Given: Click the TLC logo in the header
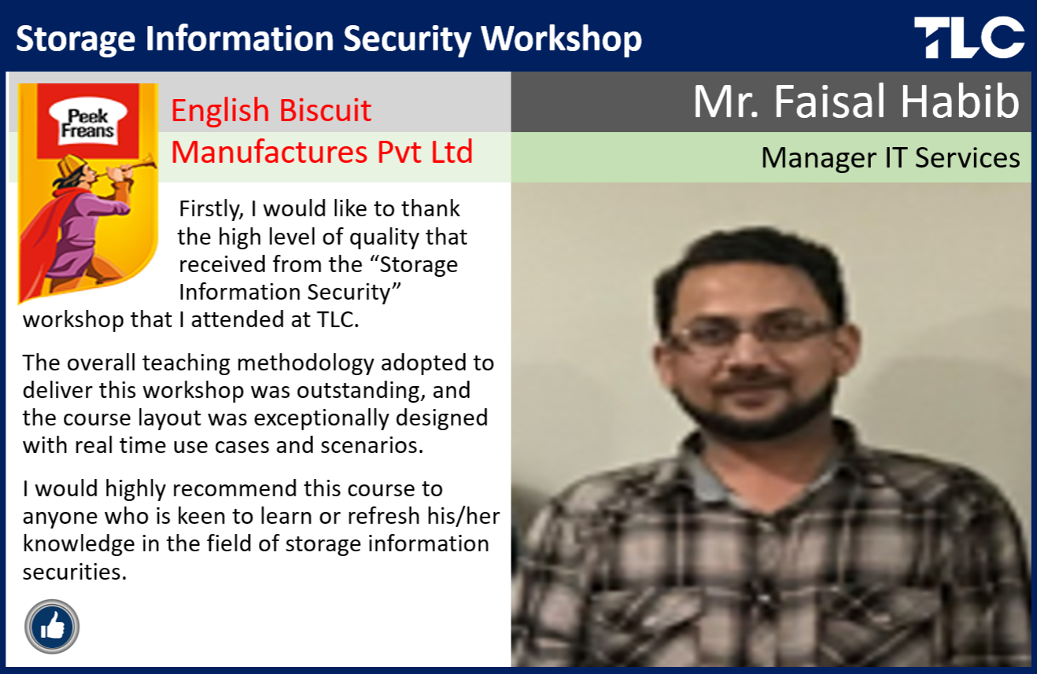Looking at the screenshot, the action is click(969, 37).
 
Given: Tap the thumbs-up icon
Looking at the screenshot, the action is click(52, 627).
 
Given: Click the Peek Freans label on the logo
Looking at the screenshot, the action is click(87, 123).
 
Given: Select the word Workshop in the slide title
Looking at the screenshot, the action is click(561, 39).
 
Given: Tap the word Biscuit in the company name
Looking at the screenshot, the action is click(325, 111).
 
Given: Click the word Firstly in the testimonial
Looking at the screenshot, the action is click(211, 209).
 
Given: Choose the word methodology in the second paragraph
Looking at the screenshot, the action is click(305, 363).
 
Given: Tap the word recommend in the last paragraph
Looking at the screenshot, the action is click(234, 489).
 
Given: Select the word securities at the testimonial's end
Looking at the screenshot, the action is click(75, 573).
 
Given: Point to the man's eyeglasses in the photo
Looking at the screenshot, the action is click(750, 332).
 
